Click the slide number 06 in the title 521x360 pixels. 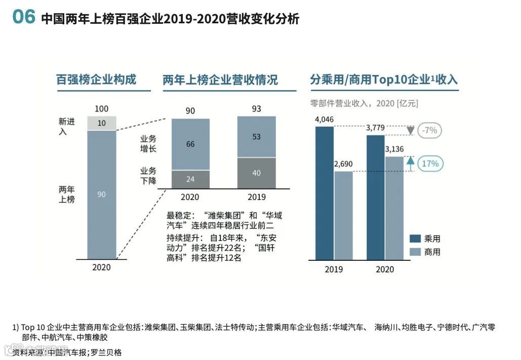point(24,18)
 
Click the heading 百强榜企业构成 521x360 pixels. point(96,79)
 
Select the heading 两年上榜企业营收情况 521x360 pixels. point(220,80)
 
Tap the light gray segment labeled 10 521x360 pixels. point(102,123)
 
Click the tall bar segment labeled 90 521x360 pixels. point(102,194)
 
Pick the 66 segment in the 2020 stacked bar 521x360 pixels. point(190,144)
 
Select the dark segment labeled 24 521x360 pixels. point(190,179)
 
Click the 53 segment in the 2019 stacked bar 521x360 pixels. point(257,137)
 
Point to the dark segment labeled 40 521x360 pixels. point(257,173)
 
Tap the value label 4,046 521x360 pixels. point(324,120)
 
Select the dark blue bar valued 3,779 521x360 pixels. point(375,197)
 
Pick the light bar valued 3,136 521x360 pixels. point(394,208)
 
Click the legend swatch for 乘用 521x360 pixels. point(415,238)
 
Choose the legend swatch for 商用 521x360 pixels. point(415,252)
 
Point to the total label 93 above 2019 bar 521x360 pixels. point(257,109)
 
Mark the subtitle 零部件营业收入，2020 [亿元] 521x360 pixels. point(364,103)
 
